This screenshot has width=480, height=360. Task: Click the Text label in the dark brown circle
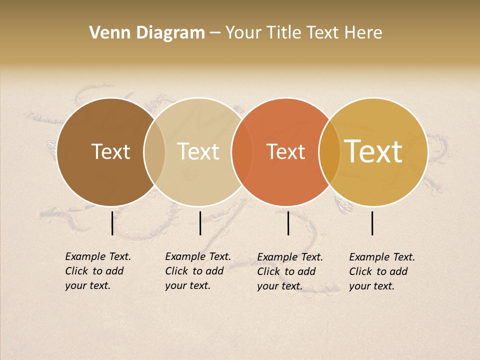click(x=110, y=151)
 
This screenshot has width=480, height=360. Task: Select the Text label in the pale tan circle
click(x=198, y=151)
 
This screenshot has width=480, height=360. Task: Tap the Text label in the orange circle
click(x=286, y=151)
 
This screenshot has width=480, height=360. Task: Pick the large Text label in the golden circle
click(x=373, y=151)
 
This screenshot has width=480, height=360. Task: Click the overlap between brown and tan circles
click(x=154, y=151)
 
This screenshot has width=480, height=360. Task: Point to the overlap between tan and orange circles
click(x=241, y=151)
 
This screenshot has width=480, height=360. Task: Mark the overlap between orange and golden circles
click(x=329, y=151)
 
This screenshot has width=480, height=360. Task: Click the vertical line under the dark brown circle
click(x=112, y=223)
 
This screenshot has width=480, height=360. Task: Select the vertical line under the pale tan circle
click(x=200, y=223)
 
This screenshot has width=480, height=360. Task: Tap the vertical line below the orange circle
click(x=288, y=223)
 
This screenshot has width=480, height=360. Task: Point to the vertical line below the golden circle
click(x=372, y=223)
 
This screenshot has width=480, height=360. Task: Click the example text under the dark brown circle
click(x=98, y=271)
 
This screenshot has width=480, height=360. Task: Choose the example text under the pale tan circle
click(x=198, y=271)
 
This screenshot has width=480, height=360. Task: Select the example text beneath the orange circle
click(x=290, y=271)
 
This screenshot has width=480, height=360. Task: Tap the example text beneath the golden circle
click(x=382, y=271)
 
